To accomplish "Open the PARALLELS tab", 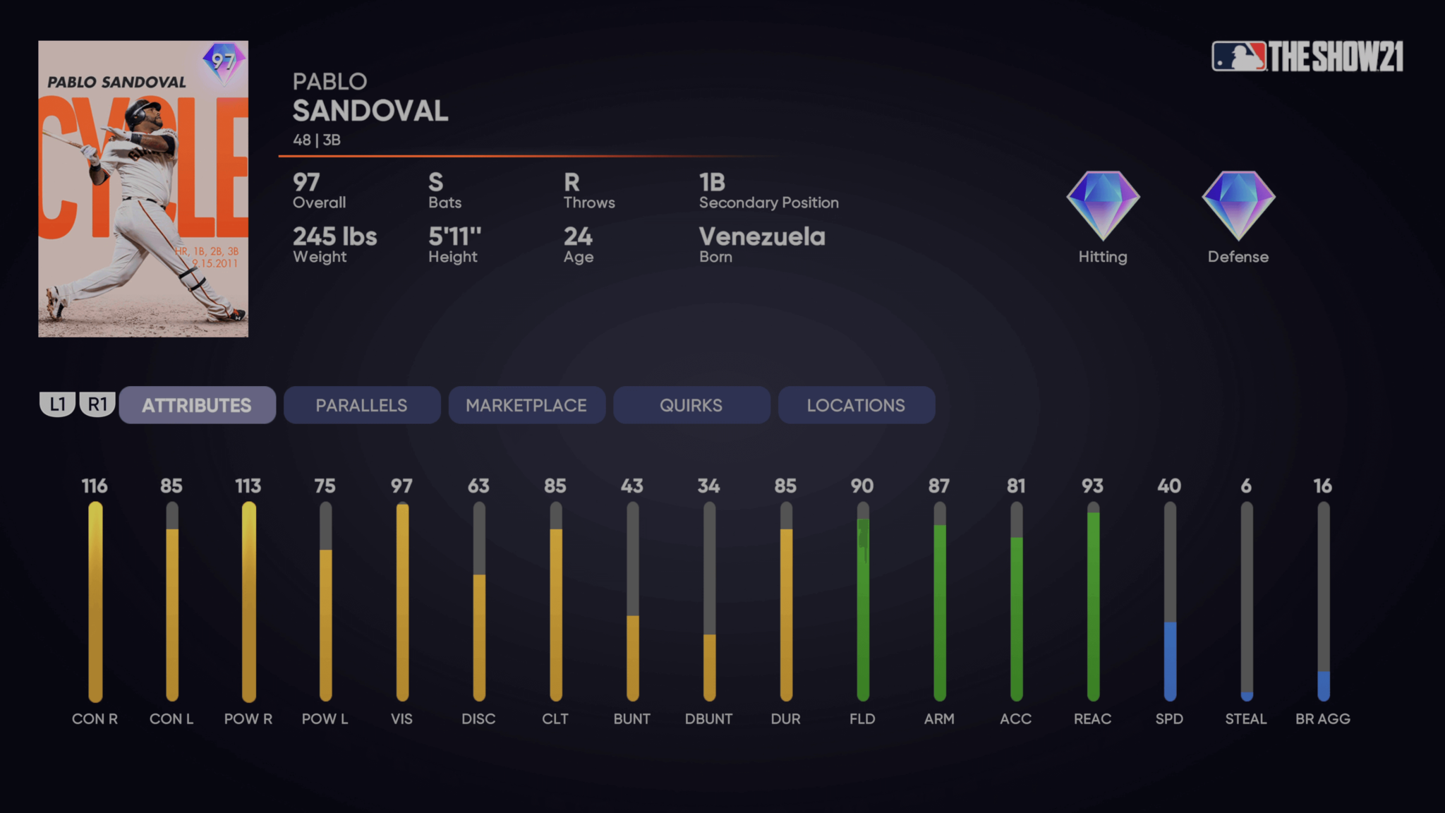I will [361, 405].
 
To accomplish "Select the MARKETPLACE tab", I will [526, 405].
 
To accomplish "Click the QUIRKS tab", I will [691, 405].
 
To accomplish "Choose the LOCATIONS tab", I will [856, 405].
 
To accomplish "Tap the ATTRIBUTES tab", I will [197, 405].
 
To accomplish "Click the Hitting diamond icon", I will [1103, 205].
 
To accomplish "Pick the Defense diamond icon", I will [1238, 205].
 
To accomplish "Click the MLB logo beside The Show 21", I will [1239, 56].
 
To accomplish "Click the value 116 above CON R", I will [95, 486].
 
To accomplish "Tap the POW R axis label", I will [248, 718].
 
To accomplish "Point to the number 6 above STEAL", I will [1246, 486].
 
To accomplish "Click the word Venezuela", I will [762, 236].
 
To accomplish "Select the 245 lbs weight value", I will [335, 236].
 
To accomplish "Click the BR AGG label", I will [1323, 718].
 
